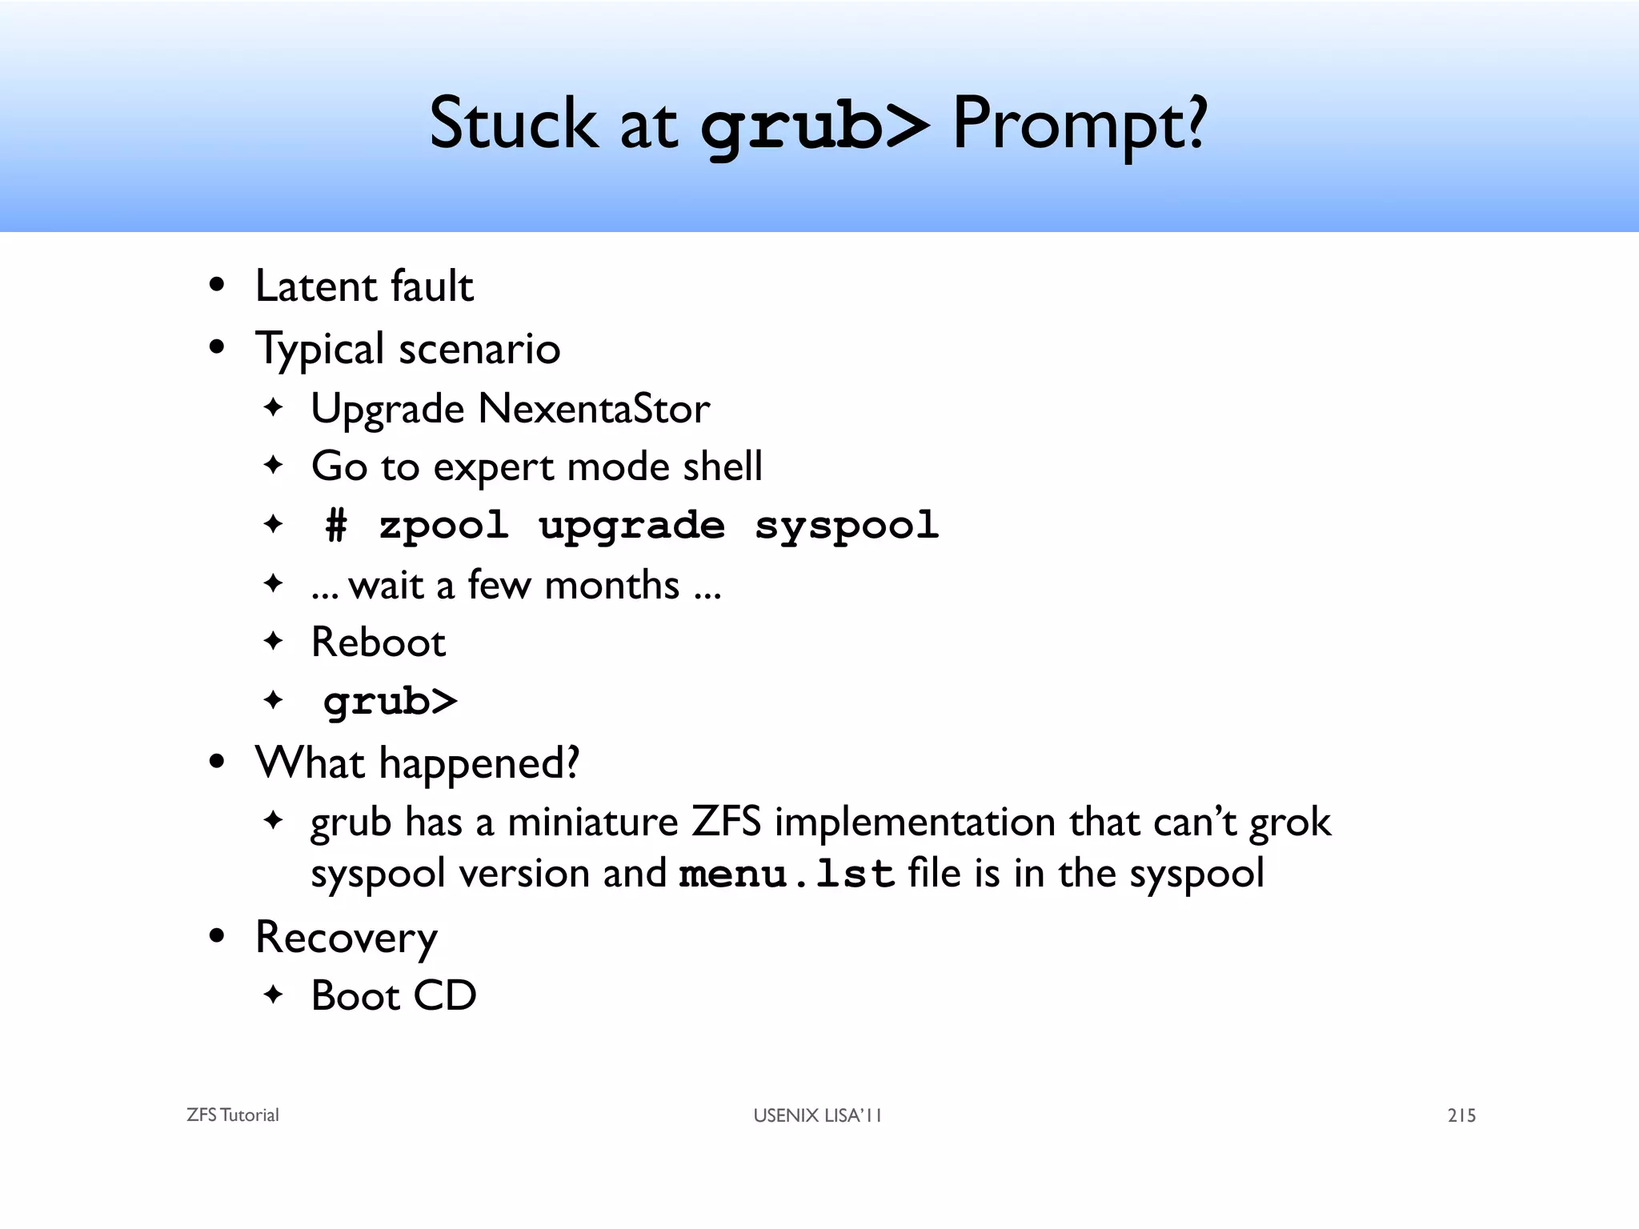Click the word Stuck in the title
click(512, 124)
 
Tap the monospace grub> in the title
click(815, 126)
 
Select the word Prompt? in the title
click(1079, 124)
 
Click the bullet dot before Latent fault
click(216, 286)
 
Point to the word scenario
click(479, 349)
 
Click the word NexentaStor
click(593, 409)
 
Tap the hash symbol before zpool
click(337, 526)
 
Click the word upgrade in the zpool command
click(631, 526)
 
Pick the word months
click(611, 585)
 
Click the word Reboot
click(378, 643)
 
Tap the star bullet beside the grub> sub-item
click(274, 701)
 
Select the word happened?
click(479, 763)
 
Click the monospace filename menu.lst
click(786, 874)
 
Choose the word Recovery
click(346, 938)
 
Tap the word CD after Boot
click(444, 996)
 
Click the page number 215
click(1461, 1115)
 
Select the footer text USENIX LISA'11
click(817, 1115)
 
